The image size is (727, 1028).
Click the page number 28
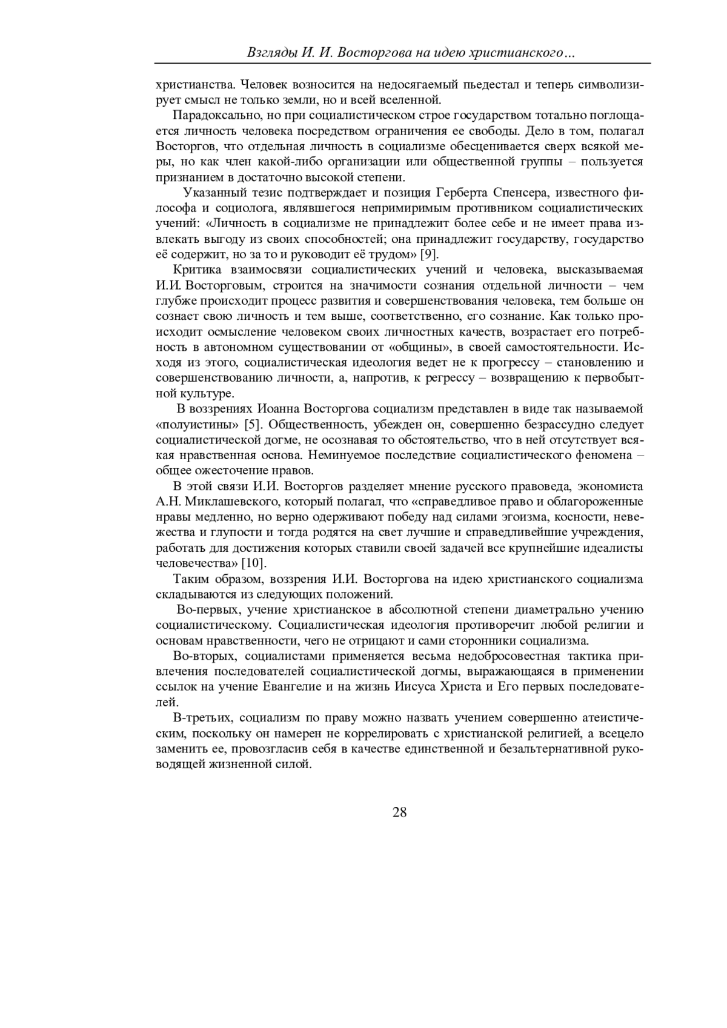(x=399, y=812)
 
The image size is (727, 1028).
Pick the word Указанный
(x=212, y=193)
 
